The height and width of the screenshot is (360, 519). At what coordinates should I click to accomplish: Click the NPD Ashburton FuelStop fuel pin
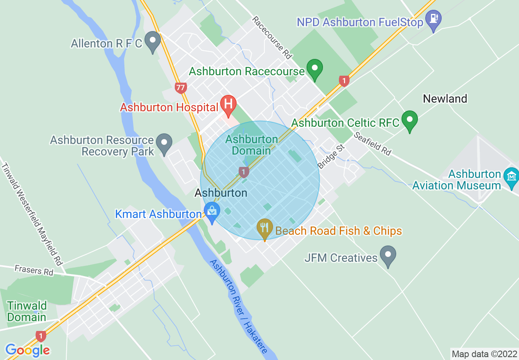point(433,20)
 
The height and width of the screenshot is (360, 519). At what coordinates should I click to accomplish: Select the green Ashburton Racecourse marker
point(315,69)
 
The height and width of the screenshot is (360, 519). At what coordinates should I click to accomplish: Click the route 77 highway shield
point(181,87)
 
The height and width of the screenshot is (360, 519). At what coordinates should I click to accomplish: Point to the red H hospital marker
point(228,105)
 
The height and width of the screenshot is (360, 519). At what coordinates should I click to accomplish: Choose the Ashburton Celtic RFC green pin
point(409,120)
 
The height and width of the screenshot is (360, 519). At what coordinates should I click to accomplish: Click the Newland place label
point(445,99)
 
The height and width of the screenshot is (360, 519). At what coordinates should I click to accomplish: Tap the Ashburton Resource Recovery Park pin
point(165,143)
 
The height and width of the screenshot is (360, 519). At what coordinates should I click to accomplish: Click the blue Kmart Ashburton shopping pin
point(212,212)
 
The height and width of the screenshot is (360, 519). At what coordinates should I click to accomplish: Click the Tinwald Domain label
point(27,311)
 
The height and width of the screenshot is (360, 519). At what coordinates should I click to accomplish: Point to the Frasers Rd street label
point(34,270)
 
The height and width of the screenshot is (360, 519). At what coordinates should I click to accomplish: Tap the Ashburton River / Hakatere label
point(239,306)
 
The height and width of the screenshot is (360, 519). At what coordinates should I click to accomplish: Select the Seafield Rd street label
point(373,143)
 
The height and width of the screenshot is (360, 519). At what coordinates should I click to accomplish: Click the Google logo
point(27,350)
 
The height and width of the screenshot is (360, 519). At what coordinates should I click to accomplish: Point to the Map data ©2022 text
point(484,353)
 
